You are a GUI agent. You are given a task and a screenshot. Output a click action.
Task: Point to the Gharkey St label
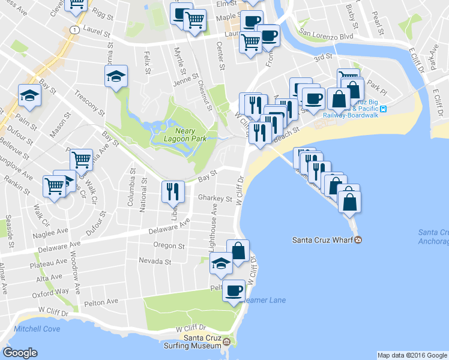click(215, 199)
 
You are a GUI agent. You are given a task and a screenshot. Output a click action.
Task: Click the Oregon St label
click(169, 246)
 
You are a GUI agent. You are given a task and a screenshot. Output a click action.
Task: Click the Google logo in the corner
click(20, 353)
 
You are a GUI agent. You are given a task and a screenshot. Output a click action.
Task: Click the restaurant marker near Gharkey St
click(173, 191)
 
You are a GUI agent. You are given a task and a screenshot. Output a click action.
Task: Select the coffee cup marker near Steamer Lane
click(234, 291)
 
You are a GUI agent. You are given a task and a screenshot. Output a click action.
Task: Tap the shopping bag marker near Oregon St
click(238, 250)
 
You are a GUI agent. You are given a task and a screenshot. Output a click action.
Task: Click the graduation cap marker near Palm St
click(29, 95)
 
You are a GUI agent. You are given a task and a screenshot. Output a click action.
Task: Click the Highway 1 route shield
click(74, 29)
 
